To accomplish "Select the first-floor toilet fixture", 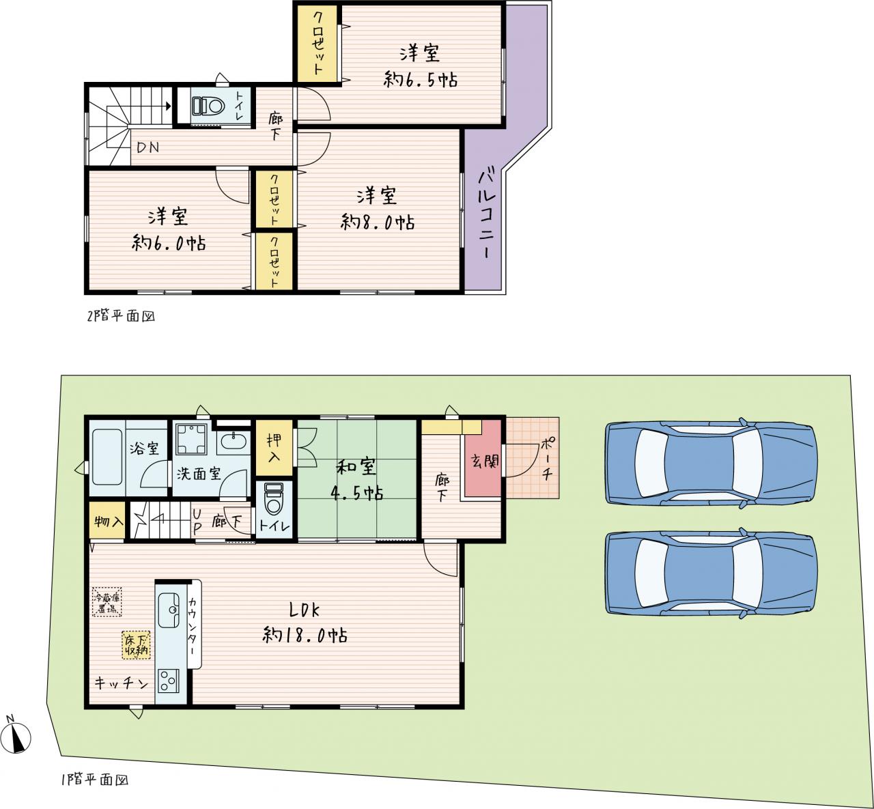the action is tap(273, 498).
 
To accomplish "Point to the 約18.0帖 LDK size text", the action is tap(305, 635).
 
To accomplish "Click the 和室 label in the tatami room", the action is tap(356, 466).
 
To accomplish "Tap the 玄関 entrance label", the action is tap(485, 461).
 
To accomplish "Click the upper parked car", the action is tap(711, 462).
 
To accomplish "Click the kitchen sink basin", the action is tap(169, 610).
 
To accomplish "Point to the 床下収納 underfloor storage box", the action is tap(136, 645).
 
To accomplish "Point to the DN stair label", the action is tap(147, 147).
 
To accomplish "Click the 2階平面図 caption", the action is tap(122, 316).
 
